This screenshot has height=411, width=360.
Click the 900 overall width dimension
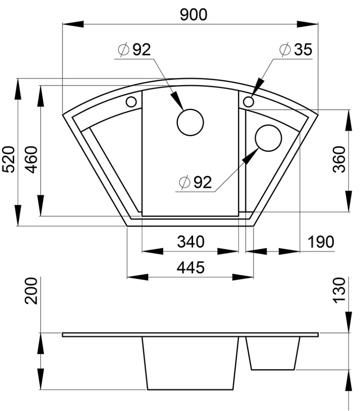tap(194, 15)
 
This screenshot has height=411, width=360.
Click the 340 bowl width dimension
tap(191, 242)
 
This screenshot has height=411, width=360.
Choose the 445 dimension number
tap(191, 267)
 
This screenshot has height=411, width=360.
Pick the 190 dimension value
tap(321, 242)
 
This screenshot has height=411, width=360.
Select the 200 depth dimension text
tap(32, 291)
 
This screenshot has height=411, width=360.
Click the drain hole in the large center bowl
tap(190, 122)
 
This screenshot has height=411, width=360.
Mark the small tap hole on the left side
tap(131, 102)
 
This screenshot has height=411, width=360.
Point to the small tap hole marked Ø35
tap(249, 102)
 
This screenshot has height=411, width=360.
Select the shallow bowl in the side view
tap(273, 353)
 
